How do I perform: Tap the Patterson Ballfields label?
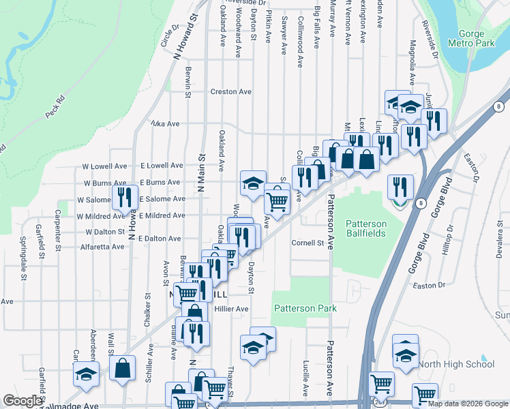click(365, 228)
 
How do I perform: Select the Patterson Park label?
click(305, 308)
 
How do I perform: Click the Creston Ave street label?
click(231, 91)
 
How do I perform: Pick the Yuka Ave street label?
click(164, 124)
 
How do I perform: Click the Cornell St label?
click(307, 242)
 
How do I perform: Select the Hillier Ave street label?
click(231, 308)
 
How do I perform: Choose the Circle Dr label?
click(168, 36)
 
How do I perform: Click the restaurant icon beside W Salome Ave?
click(125, 196)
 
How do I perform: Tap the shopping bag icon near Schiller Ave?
click(123, 367)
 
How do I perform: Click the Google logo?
click(22, 400)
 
